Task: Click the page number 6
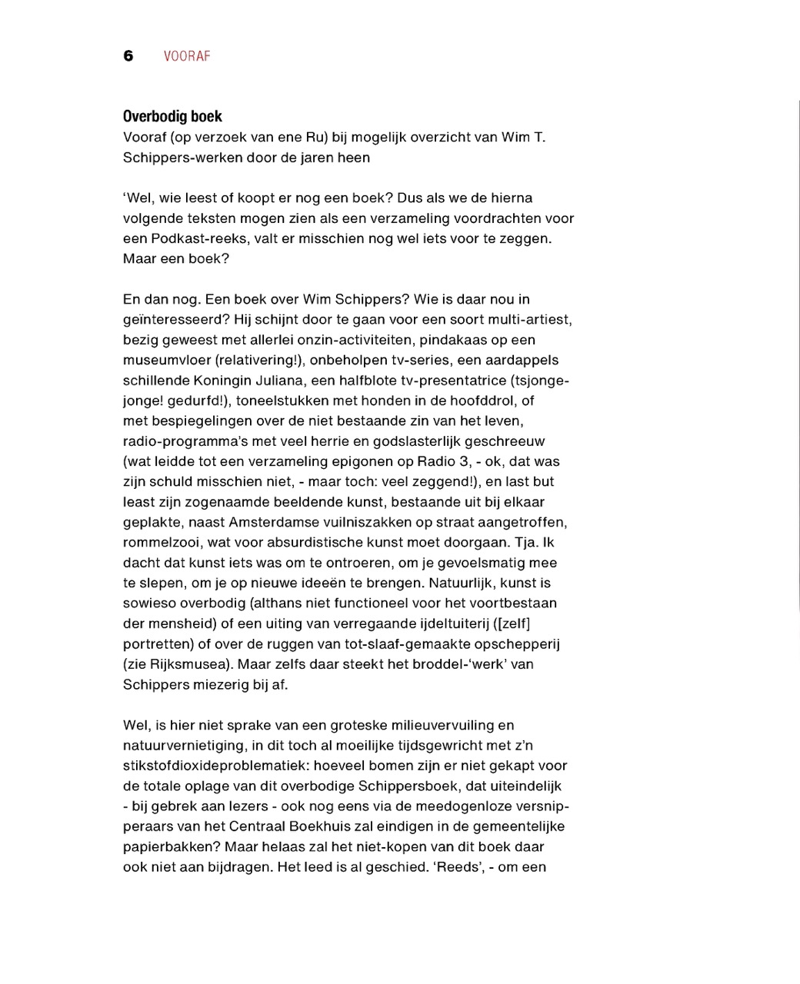click(128, 56)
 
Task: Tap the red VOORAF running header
click(187, 56)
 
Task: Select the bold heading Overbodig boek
click(172, 116)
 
